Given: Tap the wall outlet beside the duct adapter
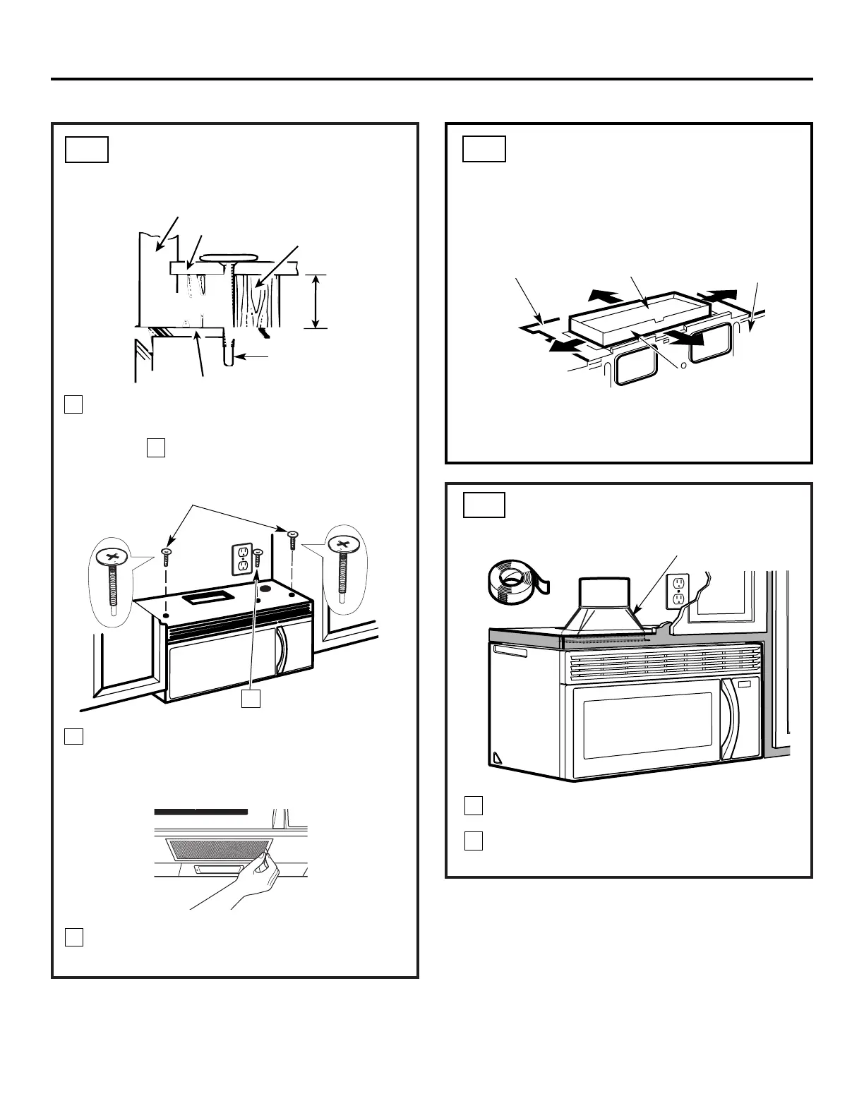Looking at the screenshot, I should coord(678,590).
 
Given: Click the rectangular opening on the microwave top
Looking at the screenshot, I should coord(205,599).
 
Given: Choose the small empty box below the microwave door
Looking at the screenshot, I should coord(251,699).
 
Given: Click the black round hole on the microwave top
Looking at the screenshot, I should coord(267,587).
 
